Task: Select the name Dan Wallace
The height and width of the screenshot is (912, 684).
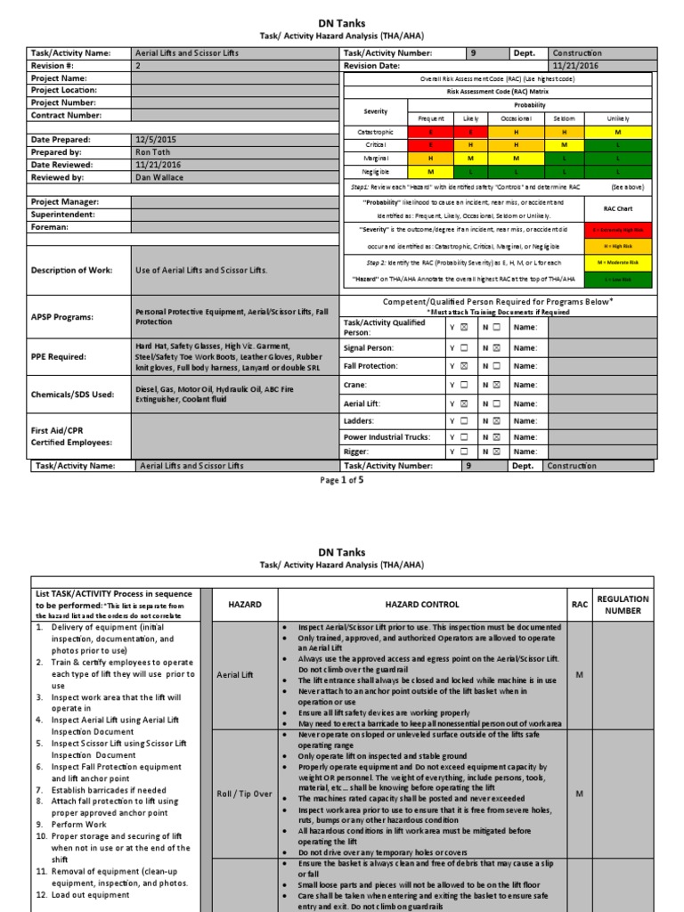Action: [159, 177]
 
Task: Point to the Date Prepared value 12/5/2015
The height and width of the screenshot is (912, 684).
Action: [157, 140]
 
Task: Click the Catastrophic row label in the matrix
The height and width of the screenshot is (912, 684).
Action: [376, 131]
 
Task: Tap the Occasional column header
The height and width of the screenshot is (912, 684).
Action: [516, 118]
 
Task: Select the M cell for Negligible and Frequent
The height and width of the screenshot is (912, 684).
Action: [431, 170]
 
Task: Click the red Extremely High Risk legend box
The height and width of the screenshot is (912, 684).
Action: [621, 230]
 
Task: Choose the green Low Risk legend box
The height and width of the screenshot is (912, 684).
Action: [621, 280]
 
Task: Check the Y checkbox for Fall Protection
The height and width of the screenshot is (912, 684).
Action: [463, 366]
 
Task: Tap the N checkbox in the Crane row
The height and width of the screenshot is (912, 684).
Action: [496, 385]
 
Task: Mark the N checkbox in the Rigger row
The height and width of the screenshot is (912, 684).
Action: [496, 452]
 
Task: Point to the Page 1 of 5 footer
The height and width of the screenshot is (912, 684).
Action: [342, 480]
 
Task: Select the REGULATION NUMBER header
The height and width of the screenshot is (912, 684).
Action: [623, 605]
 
